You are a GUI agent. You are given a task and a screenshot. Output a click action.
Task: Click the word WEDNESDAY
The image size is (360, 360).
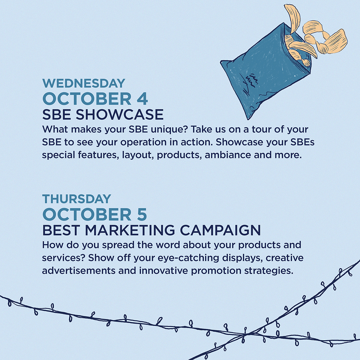pyautogui.click(x=84, y=83)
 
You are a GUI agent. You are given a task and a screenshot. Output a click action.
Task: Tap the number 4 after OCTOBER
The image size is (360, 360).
pyautogui.click(x=142, y=99)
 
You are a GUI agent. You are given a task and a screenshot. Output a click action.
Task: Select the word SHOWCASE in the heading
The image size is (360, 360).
pyautogui.click(x=120, y=115)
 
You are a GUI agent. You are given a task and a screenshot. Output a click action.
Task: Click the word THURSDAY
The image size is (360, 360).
pyautogui.click(x=76, y=199)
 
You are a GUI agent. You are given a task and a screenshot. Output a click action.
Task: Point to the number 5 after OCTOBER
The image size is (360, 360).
pyautogui.click(x=141, y=215)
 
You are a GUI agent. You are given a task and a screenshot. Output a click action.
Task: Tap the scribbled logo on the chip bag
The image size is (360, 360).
pyautogui.click(x=251, y=80)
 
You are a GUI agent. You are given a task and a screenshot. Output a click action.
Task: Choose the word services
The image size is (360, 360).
pyautogui.click(x=62, y=258)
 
